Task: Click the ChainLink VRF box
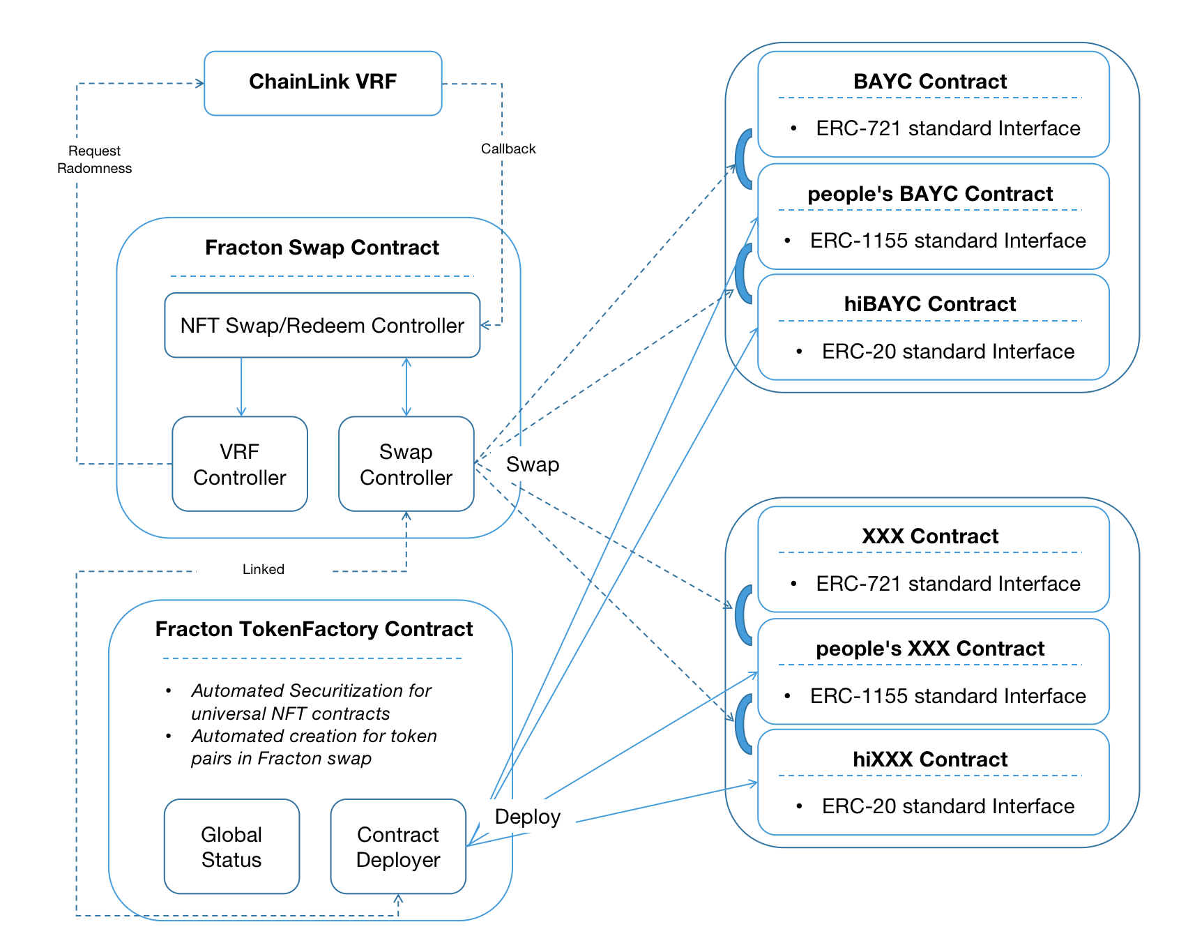(323, 82)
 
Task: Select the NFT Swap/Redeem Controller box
(322, 326)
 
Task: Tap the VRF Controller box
(240, 464)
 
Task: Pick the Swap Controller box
(406, 464)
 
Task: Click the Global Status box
(231, 847)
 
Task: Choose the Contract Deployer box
(398, 847)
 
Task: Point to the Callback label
(508, 149)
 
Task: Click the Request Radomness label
(95, 160)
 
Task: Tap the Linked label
(264, 569)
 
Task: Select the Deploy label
(527, 817)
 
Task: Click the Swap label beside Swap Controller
(533, 464)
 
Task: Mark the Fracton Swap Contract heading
(322, 248)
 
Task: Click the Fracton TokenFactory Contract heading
(314, 629)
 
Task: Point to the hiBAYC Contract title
(930, 304)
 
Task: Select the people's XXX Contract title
(930, 649)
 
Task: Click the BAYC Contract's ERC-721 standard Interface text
(947, 128)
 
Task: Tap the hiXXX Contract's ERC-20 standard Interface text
(947, 806)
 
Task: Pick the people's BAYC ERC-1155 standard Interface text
(947, 241)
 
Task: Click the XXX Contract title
(930, 536)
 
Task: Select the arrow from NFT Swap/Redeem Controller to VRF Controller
(241, 387)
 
